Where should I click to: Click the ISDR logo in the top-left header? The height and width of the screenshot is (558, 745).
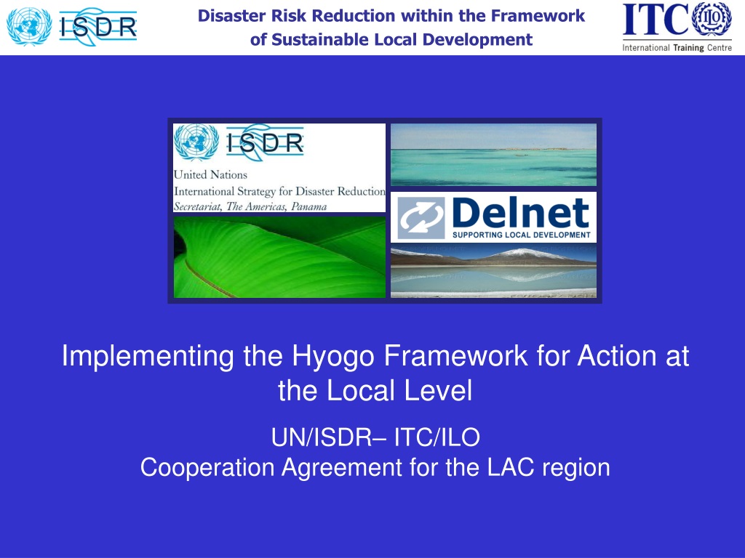point(72,27)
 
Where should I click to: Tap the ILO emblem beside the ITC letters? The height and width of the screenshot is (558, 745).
point(712,19)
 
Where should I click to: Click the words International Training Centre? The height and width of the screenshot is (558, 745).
point(677,47)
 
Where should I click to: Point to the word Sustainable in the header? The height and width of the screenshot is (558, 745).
point(320,39)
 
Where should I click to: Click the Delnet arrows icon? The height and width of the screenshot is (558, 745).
point(421,218)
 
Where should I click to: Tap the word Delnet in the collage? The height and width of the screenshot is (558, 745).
point(521,213)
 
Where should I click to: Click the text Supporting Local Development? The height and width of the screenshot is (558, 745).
point(521,235)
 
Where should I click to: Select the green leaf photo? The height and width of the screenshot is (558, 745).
point(279,257)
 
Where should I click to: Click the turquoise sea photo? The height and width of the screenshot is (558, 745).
point(493,155)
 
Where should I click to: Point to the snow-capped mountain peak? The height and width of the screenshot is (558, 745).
point(519,252)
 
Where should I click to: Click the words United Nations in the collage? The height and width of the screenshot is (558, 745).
point(210,174)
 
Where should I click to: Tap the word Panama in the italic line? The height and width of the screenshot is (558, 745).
point(308,206)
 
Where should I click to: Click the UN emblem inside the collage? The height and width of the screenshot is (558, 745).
point(196,142)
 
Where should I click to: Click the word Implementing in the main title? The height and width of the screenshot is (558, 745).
point(148,357)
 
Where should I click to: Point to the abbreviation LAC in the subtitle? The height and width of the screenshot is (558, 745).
point(510,467)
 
